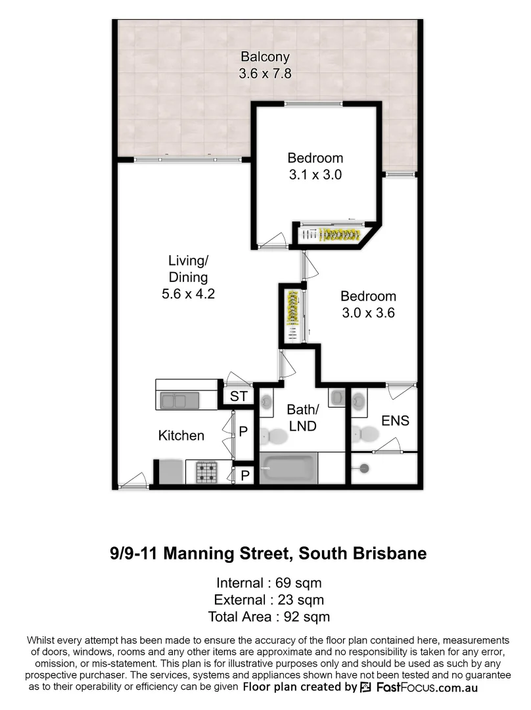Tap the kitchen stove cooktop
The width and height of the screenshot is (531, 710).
click(x=208, y=471)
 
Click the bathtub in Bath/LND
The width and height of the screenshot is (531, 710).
click(x=289, y=469)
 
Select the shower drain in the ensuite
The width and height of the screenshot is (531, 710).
click(x=362, y=468)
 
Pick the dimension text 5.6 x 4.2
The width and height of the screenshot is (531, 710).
click(x=189, y=294)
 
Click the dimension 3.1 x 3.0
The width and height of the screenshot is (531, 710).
click(x=315, y=176)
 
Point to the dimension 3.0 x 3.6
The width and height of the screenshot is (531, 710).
click(x=368, y=314)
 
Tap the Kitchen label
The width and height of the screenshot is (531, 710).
click(x=181, y=435)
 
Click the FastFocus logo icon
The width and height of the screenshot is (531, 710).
click(x=366, y=687)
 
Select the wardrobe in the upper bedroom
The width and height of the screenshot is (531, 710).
click(x=332, y=235)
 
